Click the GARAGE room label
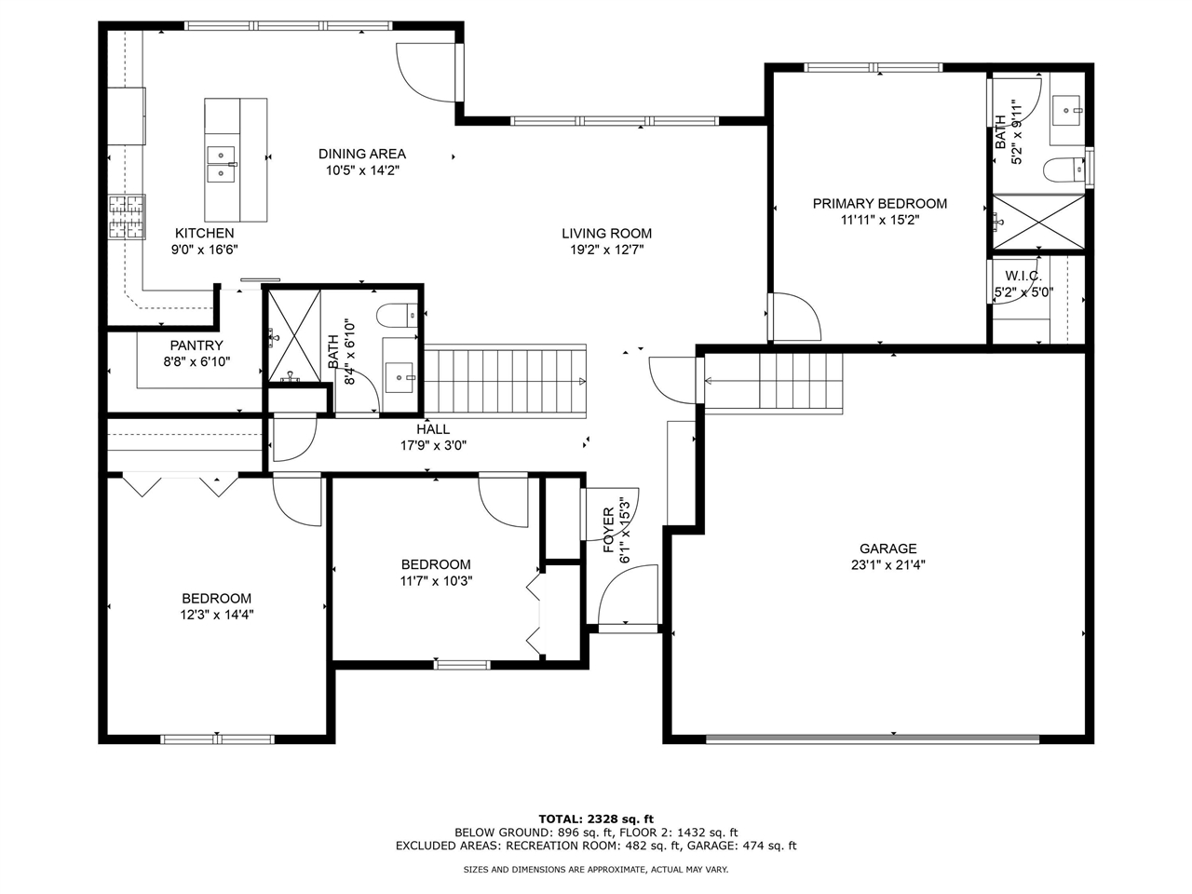tap(887, 549)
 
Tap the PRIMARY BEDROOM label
tap(879, 204)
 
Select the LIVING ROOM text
tap(606, 234)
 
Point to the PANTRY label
tap(196, 345)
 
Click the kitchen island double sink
tap(221, 164)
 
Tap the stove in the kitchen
tap(128, 217)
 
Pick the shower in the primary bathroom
tap(1038, 222)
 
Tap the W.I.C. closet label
tap(1023, 277)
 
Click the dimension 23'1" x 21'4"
tap(887, 564)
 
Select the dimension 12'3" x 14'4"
tap(216, 615)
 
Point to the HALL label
tap(433, 429)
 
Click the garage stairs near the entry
tap(800, 381)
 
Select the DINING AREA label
tap(362, 154)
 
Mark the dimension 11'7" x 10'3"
tap(436, 580)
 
